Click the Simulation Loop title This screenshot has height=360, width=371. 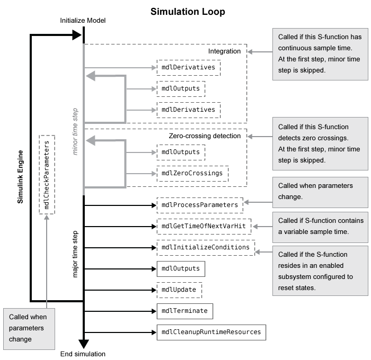pyautogui.click(x=188, y=11)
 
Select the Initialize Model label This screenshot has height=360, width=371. pyautogui.click(x=84, y=21)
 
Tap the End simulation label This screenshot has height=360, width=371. pyautogui.click(x=83, y=354)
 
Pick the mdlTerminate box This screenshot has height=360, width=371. pyautogui.click(x=184, y=311)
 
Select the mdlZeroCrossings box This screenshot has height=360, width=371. pyautogui.click(x=192, y=174)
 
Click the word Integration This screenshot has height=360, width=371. pyautogui.click(x=224, y=51)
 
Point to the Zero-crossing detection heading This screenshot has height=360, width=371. pyautogui.click(x=205, y=136)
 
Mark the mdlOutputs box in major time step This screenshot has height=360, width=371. pyautogui.click(x=181, y=269)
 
